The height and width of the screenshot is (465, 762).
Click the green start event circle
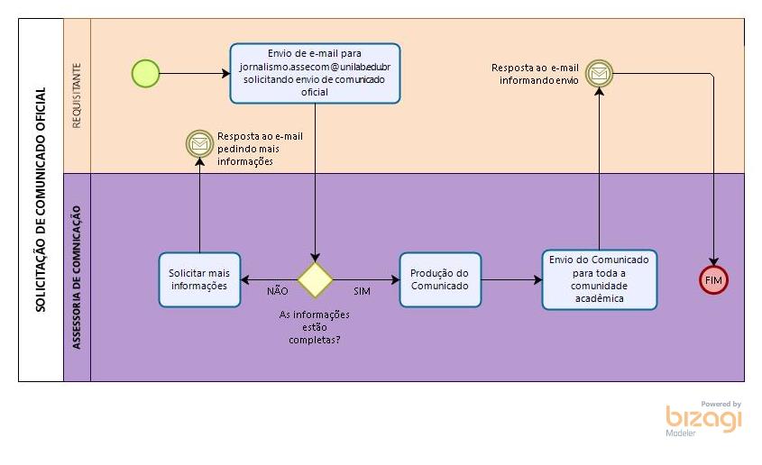[145, 73]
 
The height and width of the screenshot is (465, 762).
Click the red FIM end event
[713, 279]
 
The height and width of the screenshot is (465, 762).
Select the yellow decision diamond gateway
[316, 279]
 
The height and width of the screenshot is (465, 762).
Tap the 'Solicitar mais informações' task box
[199, 279]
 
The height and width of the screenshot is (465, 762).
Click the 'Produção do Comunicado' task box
[440, 279]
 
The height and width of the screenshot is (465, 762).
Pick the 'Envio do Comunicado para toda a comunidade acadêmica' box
[600, 280]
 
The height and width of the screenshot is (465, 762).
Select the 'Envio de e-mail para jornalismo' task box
[315, 73]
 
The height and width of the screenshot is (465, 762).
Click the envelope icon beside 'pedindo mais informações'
[198, 142]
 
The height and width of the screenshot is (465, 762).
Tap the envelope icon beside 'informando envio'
[599, 73]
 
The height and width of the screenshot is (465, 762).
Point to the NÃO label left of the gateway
[278, 291]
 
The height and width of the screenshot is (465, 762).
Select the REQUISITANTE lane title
[77, 95]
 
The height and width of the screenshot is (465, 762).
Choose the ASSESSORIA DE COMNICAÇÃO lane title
[77, 276]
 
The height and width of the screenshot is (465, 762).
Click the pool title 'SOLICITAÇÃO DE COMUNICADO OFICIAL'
[41, 199]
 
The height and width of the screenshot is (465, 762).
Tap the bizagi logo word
[704, 420]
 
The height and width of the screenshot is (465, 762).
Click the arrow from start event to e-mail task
[194, 73]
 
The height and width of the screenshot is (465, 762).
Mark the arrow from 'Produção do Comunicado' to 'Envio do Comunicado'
[511, 280]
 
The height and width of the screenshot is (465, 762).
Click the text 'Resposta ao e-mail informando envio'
[535, 74]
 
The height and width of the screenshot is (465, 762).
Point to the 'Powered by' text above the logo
[721, 405]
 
